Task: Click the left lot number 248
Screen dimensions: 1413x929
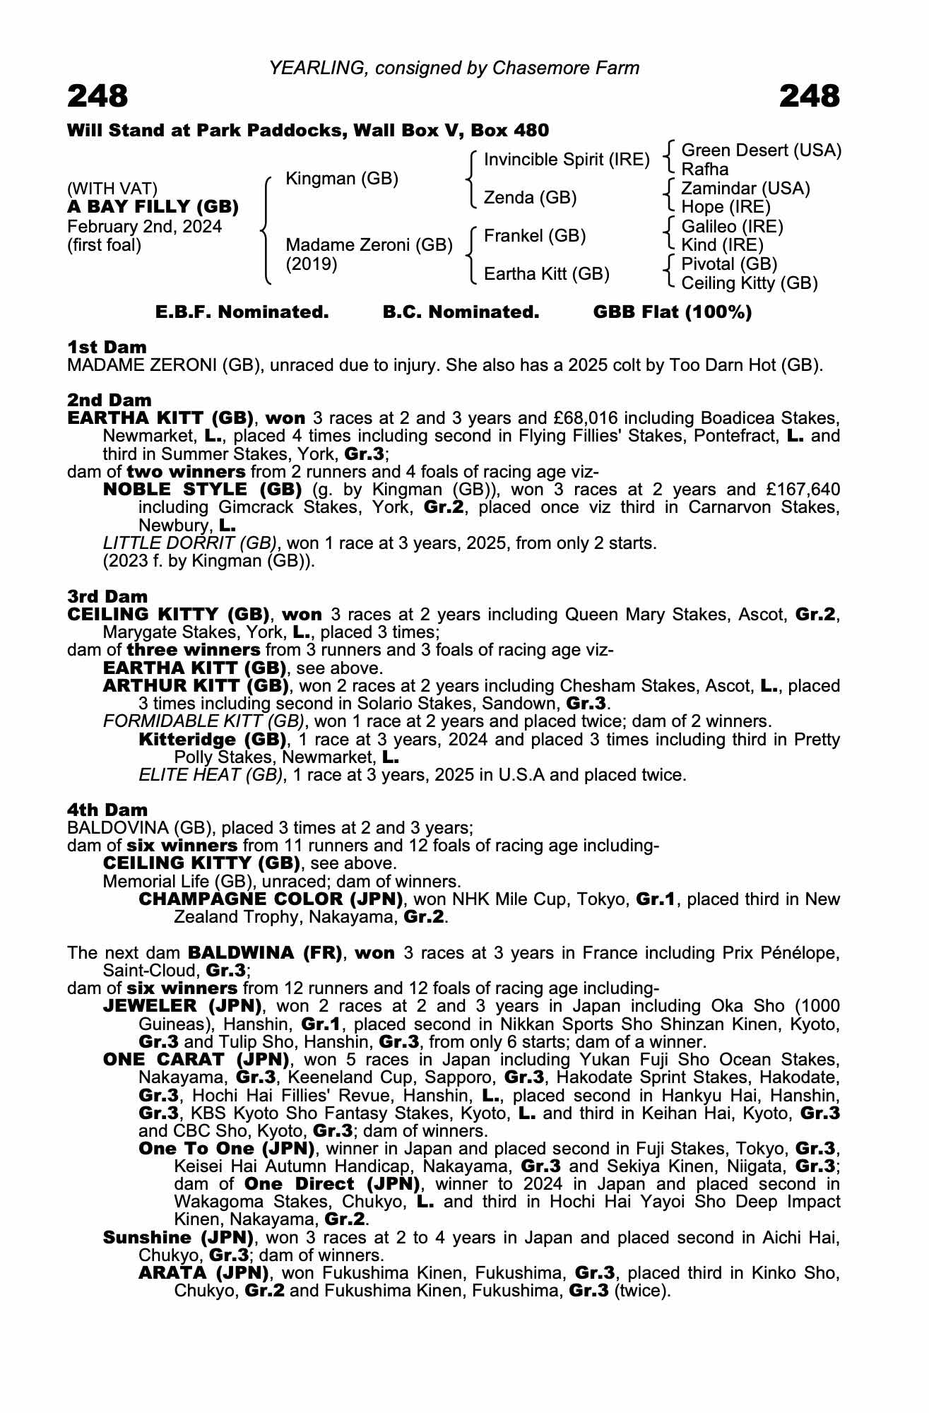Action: click(97, 96)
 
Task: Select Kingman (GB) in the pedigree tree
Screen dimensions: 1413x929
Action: click(341, 179)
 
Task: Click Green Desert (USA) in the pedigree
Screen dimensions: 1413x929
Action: click(761, 150)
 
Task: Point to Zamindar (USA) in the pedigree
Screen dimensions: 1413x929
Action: click(745, 189)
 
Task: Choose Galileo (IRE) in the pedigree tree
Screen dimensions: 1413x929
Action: click(732, 227)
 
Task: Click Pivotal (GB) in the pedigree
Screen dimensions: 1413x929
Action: click(729, 264)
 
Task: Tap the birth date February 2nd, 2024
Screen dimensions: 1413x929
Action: click(144, 227)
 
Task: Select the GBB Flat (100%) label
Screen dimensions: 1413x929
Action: click(672, 312)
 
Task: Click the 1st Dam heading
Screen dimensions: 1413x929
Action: click(107, 347)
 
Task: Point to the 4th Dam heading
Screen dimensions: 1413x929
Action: click(107, 810)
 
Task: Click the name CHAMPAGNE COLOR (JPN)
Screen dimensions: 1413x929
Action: click(271, 899)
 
